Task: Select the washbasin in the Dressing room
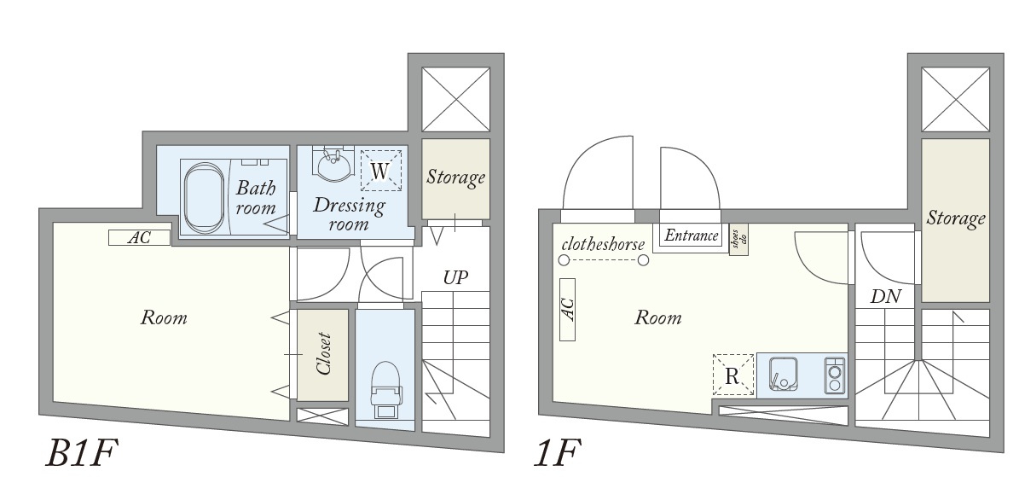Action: (x=333, y=165)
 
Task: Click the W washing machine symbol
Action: (x=380, y=172)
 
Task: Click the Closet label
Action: (x=323, y=353)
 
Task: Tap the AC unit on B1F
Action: (x=139, y=238)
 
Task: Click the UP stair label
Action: (x=454, y=277)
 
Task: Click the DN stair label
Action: (x=886, y=296)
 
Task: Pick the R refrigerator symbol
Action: (x=732, y=375)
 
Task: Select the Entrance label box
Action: (x=691, y=236)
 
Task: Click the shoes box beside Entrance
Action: (x=738, y=238)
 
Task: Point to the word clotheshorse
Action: (x=603, y=244)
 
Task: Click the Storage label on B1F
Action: (x=455, y=177)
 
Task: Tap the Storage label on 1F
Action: (x=955, y=218)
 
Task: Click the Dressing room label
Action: (x=349, y=214)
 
